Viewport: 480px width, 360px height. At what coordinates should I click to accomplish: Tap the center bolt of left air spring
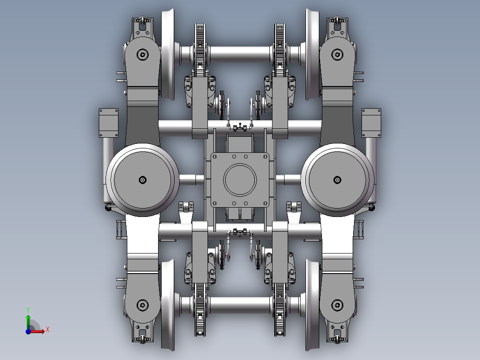(x=142, y=180)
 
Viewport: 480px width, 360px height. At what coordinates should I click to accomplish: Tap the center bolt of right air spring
(x=337, y=180)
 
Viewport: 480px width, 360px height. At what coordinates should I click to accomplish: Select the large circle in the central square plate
(x=240, y=180)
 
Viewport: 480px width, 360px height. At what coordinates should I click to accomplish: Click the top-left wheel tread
(x=168, y=53)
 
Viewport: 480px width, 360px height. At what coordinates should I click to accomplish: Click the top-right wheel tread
(x=313, y=53)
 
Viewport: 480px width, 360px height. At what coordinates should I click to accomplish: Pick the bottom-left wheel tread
(x=168, y=305)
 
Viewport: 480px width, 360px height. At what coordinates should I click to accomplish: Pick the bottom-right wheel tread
(x=313, y=305)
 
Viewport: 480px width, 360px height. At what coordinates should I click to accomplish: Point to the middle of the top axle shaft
(x=240, y=54)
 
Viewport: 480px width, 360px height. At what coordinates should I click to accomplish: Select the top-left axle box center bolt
(x=142, y=55)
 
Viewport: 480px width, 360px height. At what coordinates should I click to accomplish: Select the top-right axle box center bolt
(x=337, y=55)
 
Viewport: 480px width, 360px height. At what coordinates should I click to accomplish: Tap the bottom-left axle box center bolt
(x=142, y=305)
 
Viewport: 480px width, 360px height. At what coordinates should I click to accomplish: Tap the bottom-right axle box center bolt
(x=337, y=305)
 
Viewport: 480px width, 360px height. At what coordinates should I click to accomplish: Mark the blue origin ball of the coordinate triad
(x=28, y=331)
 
